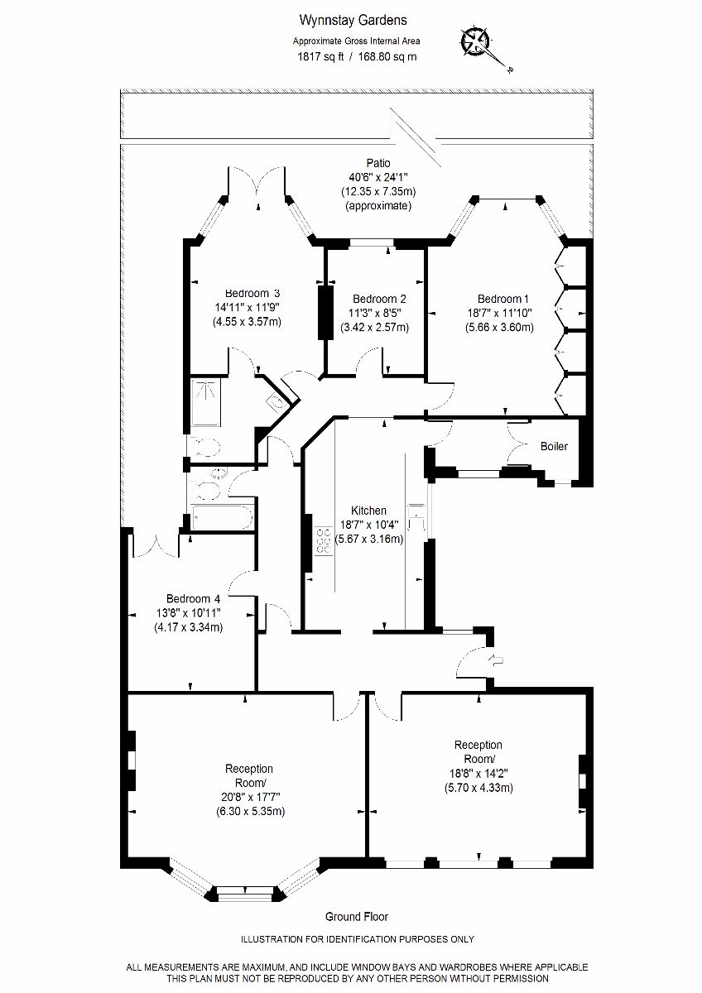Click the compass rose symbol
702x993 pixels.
[474, 42]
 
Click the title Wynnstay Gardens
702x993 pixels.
[353, 21]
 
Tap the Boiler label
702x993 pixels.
[554, 446]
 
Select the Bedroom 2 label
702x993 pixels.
[379, 299]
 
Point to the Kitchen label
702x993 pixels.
[368, 511]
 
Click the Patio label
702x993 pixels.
[378, 163]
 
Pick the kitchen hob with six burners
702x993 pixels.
[324, 541]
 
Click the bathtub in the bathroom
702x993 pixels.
[223, 517]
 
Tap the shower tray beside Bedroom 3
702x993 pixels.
[205, 402]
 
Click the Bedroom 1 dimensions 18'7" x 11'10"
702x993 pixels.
[499, 313]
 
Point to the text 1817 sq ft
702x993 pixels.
[320, 57]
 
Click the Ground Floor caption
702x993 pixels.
[357, 917]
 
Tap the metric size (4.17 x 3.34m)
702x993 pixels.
[189, 627]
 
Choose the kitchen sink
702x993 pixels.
[416, 517]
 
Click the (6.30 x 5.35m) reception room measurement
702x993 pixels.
[251, 811]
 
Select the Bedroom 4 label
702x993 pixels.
[193, 599]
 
